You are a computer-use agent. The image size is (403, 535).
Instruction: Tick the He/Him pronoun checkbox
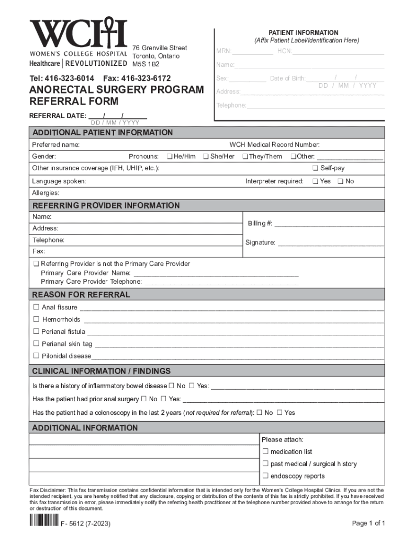[x=170, y=157]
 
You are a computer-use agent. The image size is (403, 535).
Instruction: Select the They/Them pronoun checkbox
[x=245, y=157]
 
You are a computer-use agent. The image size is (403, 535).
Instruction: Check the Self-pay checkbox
[x=315, y=168]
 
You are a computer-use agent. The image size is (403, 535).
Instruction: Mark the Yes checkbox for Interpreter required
[x=315, y=181]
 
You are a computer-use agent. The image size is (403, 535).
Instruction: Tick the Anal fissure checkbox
[x=37, y=307]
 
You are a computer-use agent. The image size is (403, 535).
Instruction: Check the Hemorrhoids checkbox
[x=37, y=319]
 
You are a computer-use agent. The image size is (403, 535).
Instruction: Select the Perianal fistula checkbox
[x=37, y=331]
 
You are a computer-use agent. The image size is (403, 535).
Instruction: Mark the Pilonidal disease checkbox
[x=37, y=356]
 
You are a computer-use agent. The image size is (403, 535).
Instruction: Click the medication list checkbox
[x=265, y=451]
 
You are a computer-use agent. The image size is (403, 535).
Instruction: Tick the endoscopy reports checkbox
[x=265, y=476]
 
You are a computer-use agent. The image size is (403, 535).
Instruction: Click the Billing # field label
[x=260, y=224]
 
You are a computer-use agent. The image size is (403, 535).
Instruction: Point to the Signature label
[x=260, y=243]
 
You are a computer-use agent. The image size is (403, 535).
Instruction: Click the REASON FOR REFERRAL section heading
[x=81, y=295]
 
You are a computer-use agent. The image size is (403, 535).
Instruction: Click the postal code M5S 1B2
[x=145, y=64]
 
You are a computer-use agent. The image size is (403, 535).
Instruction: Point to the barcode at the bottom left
[x=43, y=521]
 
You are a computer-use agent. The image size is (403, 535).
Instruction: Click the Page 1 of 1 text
[x=368, y=523]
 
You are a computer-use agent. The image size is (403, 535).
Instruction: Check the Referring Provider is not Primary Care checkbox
[x=36, y=264]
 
